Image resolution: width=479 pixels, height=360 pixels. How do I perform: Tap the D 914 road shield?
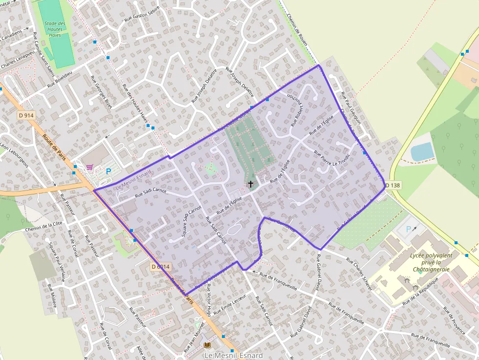point(26,115)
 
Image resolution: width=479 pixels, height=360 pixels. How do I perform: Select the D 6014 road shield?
point(160,267)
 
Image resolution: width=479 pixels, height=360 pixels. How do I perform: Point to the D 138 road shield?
point(392,185)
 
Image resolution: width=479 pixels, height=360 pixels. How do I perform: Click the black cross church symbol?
point(251,184)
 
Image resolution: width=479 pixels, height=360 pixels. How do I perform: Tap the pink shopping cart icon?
point(89,168)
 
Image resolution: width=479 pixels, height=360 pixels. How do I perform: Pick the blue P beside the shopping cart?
point(109,171)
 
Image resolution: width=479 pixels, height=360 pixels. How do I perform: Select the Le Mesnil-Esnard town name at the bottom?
point(233,355)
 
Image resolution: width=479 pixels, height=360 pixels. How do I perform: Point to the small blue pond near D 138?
point(422,152)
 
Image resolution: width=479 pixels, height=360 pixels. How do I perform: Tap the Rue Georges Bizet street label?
point(102,92)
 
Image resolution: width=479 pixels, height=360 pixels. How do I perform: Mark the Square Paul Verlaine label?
point(56,263)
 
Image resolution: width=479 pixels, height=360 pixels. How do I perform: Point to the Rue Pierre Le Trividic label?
point(332,162)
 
